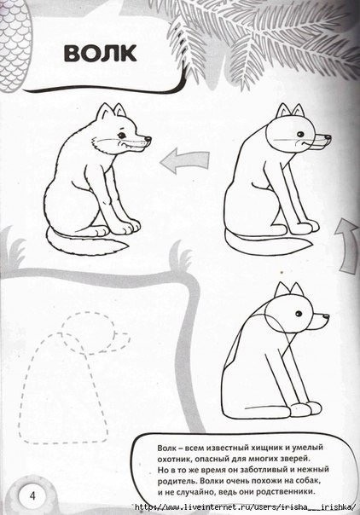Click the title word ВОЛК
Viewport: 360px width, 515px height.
100,53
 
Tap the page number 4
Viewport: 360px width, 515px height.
32,495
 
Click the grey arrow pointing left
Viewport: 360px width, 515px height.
184,160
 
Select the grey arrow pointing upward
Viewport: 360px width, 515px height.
347,246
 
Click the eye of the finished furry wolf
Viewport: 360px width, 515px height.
122,135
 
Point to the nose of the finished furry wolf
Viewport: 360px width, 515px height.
148,139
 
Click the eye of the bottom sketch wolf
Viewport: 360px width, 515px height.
299,314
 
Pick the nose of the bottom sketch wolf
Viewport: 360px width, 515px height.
326,316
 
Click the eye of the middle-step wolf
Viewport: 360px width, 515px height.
300,134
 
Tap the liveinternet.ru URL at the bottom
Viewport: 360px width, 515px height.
246,506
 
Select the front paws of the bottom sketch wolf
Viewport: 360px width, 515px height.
305,408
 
